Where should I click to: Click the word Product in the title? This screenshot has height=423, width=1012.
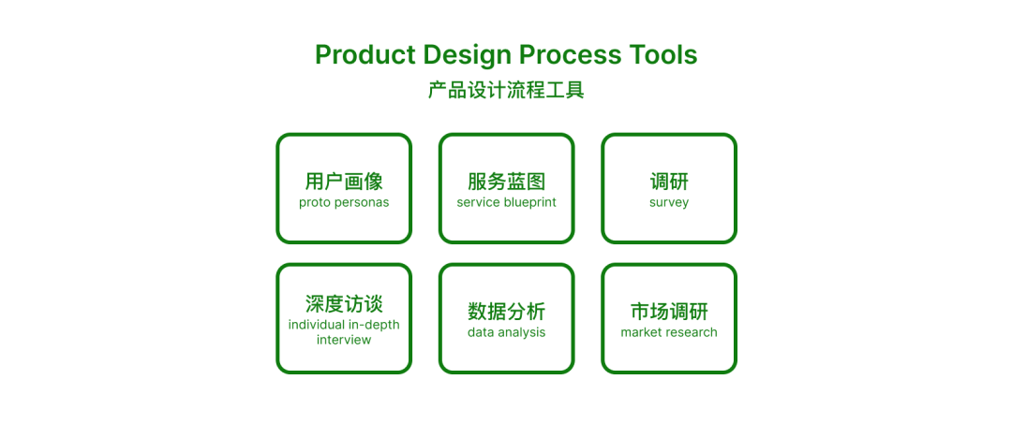(365, 55)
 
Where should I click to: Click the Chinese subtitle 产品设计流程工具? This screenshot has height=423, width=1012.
(506, 90)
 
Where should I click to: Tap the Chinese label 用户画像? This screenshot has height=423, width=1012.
(344, 182)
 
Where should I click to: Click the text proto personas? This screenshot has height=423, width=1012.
(344, 202)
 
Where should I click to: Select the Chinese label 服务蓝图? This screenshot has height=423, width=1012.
(507, 182)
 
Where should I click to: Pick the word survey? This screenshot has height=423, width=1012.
(669, 202)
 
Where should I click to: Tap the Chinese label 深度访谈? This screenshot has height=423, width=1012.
(344, 304)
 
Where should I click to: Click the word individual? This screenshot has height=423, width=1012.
(316, 325)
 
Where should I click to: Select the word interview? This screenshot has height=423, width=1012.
(344, 340)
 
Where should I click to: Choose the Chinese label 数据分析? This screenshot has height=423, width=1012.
(507, 312)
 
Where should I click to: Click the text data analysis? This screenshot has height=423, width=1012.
(507, 333)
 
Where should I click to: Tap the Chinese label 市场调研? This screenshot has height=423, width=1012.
(669, 312)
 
